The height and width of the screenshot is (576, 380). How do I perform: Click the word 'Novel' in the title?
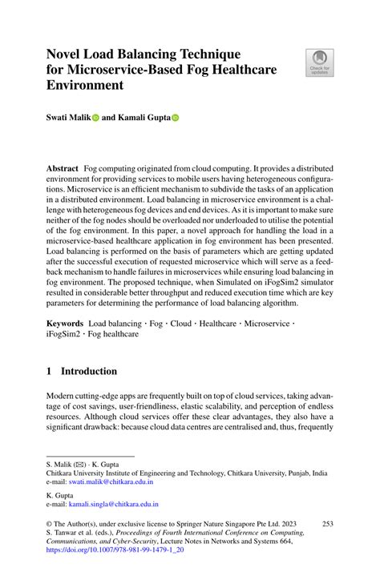[x=67, y=54]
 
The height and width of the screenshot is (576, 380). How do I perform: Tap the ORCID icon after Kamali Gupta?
[x=176, y=117]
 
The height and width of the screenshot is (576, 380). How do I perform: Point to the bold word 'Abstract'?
[x=62, y=171]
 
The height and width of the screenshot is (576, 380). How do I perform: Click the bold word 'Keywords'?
[x=65, y=321]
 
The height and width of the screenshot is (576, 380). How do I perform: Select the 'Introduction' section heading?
[x=89, y=372]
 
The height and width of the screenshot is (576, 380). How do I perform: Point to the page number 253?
[x=325, y=523]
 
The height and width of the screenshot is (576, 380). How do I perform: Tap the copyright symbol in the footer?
[x=50, y=523]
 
